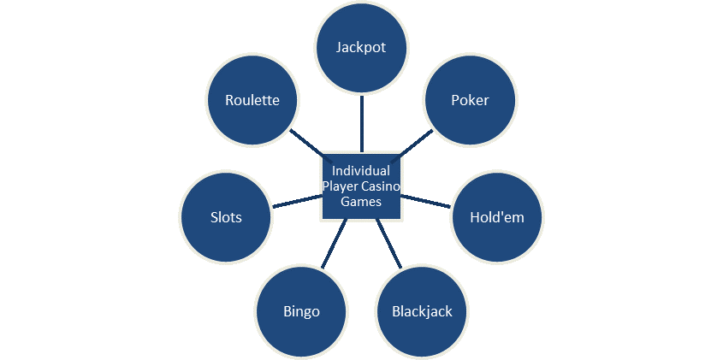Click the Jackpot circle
[361, 48]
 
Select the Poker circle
[470, 101]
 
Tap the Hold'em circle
[497, 217]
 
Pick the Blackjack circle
[422, 311]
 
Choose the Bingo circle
[301, 311]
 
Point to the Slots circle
[226, 217]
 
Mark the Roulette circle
[252, 101]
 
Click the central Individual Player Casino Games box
[361, 186]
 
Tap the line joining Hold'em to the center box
[427, 202]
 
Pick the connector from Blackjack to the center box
[388, 243]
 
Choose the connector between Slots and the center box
[296, 202]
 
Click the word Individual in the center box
[361, 171]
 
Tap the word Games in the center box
[361, 202]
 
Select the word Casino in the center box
[382, 186]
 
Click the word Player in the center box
[341, 186]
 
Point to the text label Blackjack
[422, 311]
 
